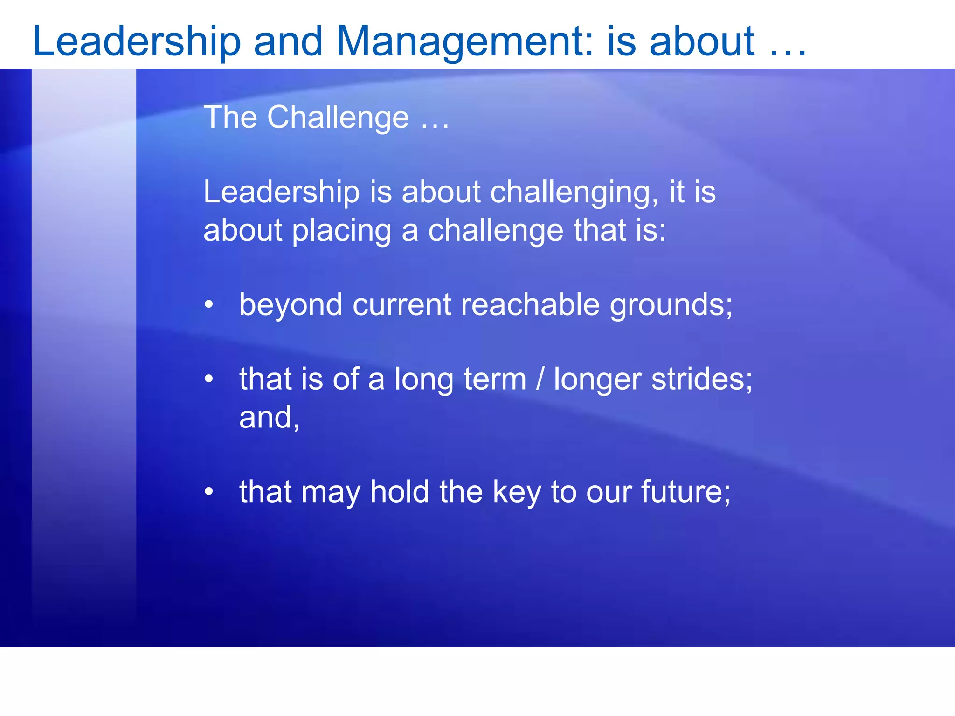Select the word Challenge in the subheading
coord(338,117)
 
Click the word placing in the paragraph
coord(341,231)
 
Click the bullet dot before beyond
coord(209,305)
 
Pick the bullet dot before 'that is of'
coord(209,379)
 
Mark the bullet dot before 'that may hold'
coord(209,492)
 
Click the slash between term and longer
coord(540,379)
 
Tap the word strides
coord(698,379)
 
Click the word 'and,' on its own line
coord(269,418)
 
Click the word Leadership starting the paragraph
coord(282,193)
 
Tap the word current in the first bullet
coord(401,306)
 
